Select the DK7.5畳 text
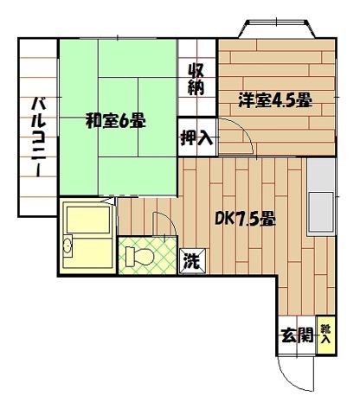[245, 220]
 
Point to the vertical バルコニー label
[38, 139]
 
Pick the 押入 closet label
[195, 136]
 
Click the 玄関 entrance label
[296, 336]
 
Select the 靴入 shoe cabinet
[325, 334]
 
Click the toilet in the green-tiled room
[136, 256]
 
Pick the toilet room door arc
[162, 223]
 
